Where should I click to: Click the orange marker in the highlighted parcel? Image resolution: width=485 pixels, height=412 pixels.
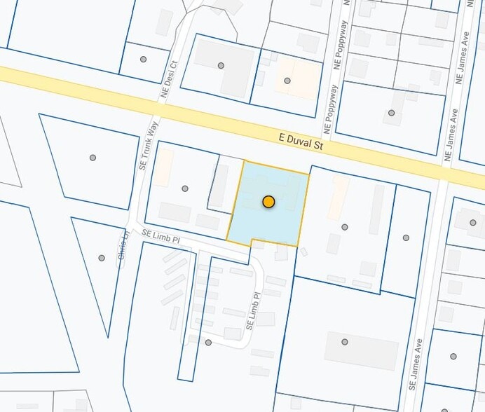268,202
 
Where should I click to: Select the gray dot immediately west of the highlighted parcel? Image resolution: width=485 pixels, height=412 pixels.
185,188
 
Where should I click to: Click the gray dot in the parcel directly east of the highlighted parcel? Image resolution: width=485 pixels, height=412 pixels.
345,227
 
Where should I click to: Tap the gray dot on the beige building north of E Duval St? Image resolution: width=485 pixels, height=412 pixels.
287,81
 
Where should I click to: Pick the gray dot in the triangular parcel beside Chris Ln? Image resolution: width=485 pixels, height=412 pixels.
102,258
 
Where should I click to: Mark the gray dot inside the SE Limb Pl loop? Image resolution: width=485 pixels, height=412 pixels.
208,343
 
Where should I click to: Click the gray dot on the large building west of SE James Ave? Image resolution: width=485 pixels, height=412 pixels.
345,342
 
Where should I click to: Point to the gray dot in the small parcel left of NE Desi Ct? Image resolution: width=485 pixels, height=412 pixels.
144,59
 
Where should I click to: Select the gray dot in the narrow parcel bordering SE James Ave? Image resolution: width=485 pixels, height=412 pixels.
406,238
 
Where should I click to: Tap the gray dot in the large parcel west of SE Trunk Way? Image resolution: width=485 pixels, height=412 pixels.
93,158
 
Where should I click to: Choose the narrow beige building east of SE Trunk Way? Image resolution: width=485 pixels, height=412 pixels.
163,167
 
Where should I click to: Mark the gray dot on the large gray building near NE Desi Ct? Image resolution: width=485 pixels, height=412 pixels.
221,65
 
